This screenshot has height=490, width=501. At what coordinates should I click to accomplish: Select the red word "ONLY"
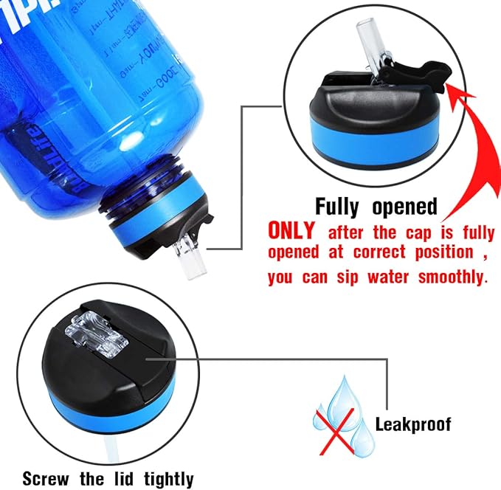click(x=292, y=232)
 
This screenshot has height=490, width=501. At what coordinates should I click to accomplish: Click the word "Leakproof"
click(x=412, y=424)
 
